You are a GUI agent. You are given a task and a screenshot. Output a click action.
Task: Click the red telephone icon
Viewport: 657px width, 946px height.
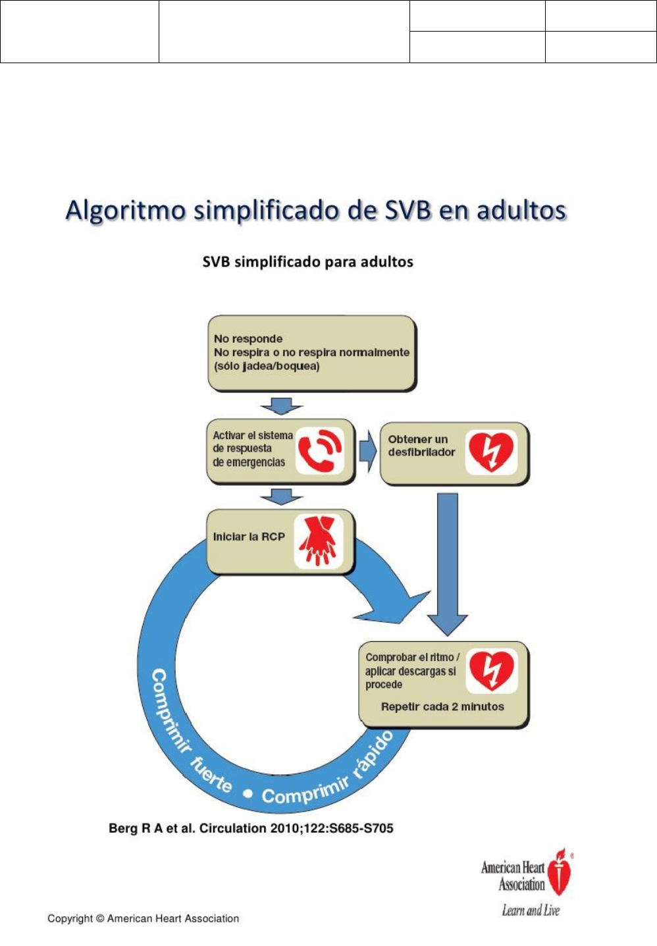click(319, 451)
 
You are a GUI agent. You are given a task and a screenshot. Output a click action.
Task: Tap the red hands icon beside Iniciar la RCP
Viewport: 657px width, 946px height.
click(318, 540)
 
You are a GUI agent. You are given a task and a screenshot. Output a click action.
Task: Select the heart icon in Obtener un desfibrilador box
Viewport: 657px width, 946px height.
click(490, 452)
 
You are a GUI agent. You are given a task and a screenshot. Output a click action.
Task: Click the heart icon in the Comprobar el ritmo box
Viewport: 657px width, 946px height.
click(491, 670)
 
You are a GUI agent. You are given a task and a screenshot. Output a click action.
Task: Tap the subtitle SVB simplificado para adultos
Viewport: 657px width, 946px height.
click(307, 262)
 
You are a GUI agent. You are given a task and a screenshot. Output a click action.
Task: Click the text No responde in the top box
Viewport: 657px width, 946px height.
click(248, 339)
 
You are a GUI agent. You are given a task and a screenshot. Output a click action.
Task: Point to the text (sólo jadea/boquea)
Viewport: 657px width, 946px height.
click(266, 366)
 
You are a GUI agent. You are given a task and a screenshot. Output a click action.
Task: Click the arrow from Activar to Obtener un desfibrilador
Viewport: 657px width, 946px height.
click(367, 452)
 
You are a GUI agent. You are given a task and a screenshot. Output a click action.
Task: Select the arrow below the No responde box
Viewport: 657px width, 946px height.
click(282, 405)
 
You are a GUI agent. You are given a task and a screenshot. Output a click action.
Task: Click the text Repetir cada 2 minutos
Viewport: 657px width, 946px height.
click(442, 707)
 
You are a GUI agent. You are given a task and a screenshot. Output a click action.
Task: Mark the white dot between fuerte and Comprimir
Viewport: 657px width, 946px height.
click(248, 793)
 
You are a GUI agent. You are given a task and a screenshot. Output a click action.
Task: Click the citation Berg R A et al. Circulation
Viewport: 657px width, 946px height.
click(251, 828)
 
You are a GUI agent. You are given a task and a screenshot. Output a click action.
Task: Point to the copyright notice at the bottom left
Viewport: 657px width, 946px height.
click(143, 918)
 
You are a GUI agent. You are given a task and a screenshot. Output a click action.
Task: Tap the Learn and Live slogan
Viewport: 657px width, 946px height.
click(531, 910)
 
